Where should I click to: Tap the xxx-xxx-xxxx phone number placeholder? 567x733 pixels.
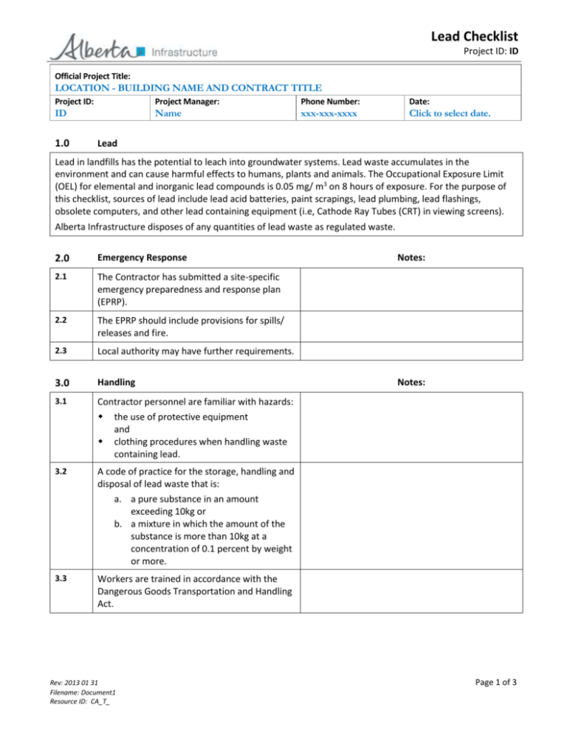click(x=330, y=114)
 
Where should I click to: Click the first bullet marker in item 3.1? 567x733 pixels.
click(x=97, y=417)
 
